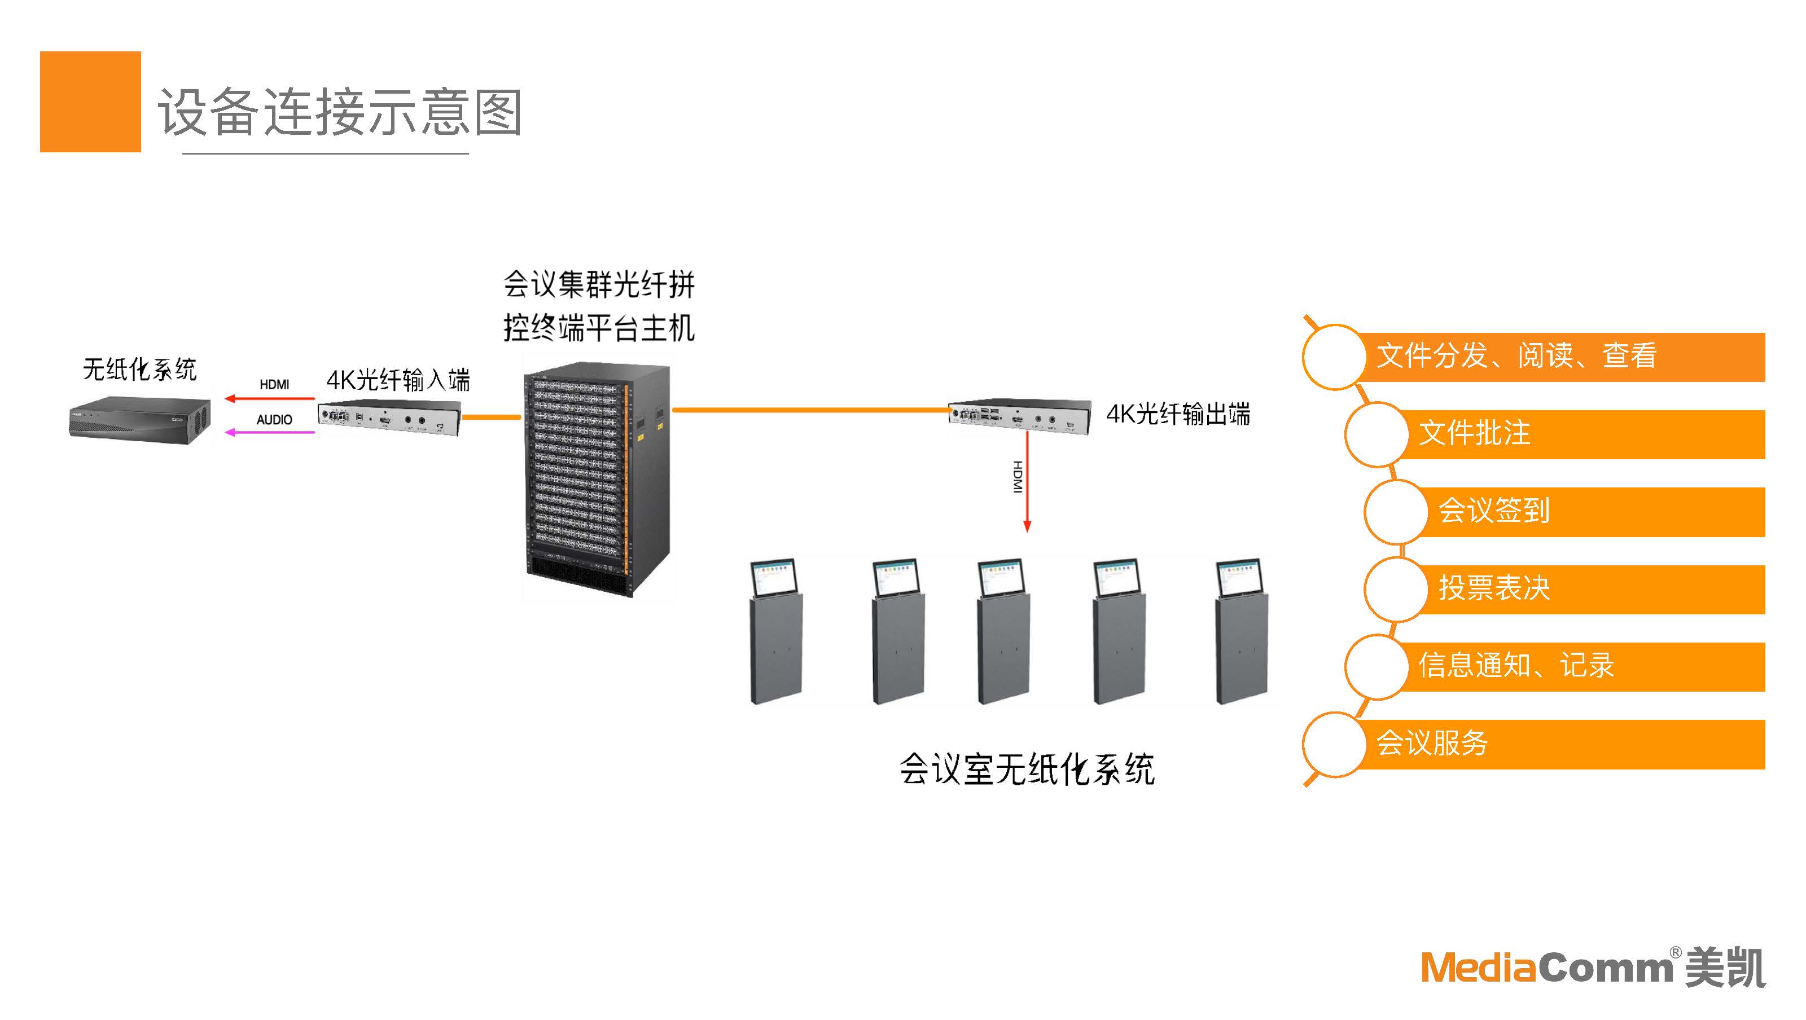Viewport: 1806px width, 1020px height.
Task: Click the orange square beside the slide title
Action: click(90, 101)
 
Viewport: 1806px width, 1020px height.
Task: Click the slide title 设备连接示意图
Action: click(339, 112)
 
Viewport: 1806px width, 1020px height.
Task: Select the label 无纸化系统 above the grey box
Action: click(139, 369)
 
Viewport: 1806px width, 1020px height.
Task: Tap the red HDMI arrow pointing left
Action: click(270, 399)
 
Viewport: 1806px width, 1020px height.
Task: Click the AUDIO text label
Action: click(274, 419)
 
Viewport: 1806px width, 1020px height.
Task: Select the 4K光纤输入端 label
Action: click(397, 380)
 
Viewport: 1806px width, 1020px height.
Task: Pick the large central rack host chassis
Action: click(596, 480)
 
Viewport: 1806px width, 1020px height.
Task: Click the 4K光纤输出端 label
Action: click(1178, 414)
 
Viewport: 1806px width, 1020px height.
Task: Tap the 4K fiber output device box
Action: click(1019, 415)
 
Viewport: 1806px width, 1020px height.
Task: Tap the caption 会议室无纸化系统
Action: click(1027, 769)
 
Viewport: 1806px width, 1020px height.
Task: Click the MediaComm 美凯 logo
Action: click(1592, 968)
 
